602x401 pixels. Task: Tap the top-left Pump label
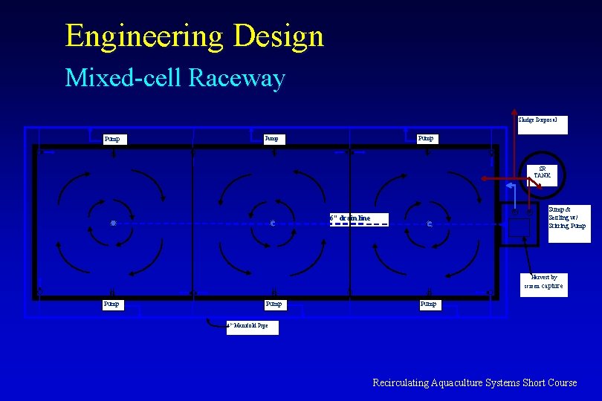pos(114,139)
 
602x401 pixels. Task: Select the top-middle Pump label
pos(274,138)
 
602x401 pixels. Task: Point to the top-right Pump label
pos(427,138)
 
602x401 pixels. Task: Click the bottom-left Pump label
pos(114,304)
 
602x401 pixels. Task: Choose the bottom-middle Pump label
pos(274,304)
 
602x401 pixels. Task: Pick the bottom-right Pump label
pos(428,304)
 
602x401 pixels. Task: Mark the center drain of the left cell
pos(113,223)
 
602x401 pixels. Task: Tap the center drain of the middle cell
pos(274,223)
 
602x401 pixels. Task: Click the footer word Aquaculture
pos(453,383)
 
